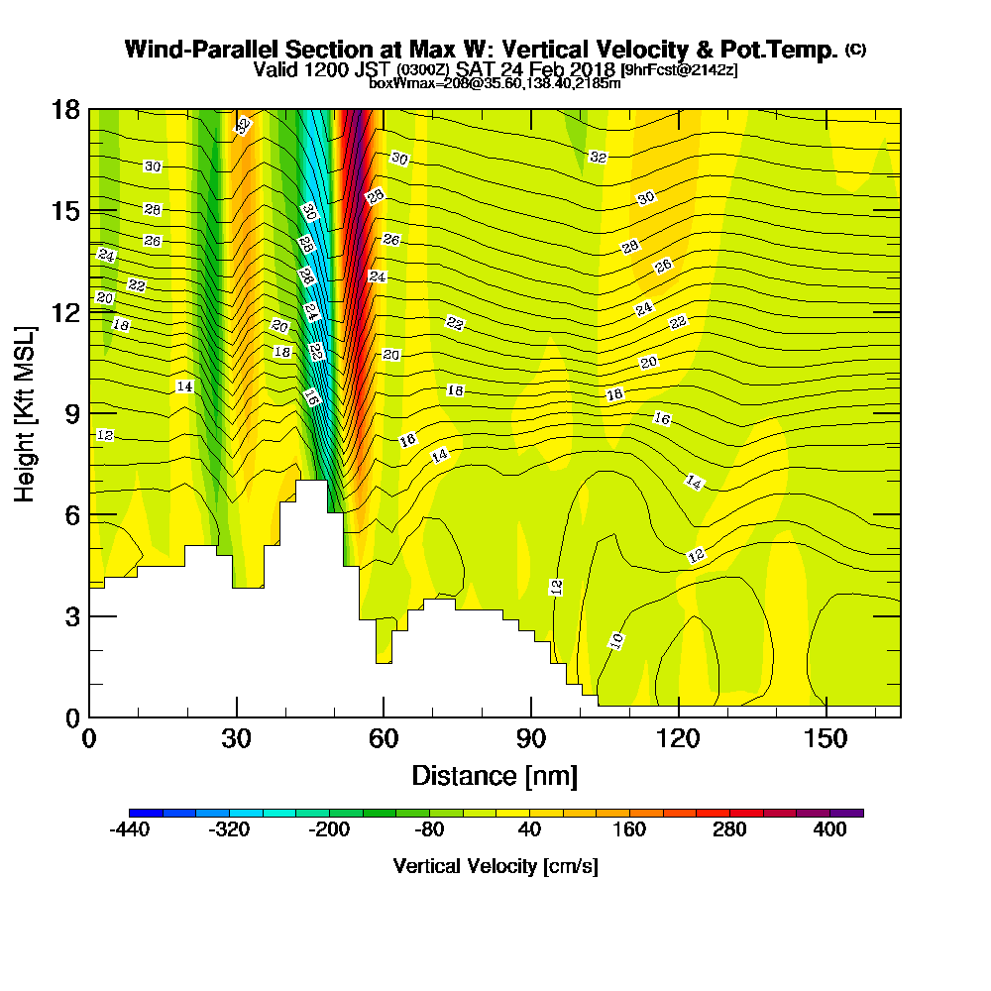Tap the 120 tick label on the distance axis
tap(678, 739)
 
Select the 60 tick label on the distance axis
tap(384, 739)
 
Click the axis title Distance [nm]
tap(495, 775)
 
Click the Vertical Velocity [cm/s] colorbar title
tap(495, 866)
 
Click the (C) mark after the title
tap(855, 50)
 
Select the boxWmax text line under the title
tap(495, 83)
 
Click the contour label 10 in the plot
tap(616, 641)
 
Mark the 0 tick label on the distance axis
tap(89, 739)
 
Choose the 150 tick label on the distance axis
tap(826, 739)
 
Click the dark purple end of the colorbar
tap(854, 813)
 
